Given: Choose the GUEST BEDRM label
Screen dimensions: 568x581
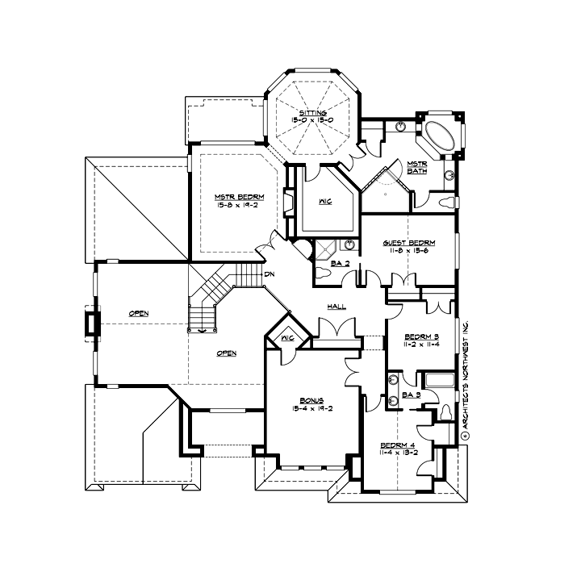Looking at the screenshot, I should [416, 243].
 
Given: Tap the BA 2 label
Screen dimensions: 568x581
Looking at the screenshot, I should [340, 263].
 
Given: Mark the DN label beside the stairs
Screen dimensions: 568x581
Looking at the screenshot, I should [269, 274].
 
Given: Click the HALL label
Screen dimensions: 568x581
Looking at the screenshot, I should [336, 307].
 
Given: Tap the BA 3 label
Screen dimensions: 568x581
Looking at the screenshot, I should [411, 395].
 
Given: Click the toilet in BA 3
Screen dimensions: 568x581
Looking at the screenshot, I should [444, 414].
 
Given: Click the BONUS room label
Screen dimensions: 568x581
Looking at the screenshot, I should [311, 400].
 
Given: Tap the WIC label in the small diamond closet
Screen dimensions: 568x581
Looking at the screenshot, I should [286, 338].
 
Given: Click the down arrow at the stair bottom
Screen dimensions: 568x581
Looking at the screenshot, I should [203, 328].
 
